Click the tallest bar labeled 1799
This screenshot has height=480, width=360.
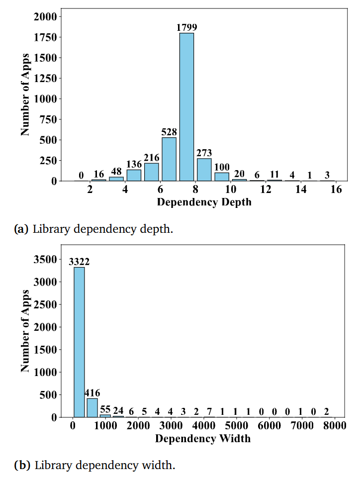[x=186, y=106]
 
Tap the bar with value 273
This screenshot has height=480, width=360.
[x=204, y=169]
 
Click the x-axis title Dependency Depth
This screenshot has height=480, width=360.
[x=204, y=202]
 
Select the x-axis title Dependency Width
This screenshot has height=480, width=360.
[x=203, y=438]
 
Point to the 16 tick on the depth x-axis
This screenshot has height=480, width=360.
[x=336, y=190]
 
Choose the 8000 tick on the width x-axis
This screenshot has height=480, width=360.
[x=334, y=426]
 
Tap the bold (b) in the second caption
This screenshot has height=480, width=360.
[x=22, y=466]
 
